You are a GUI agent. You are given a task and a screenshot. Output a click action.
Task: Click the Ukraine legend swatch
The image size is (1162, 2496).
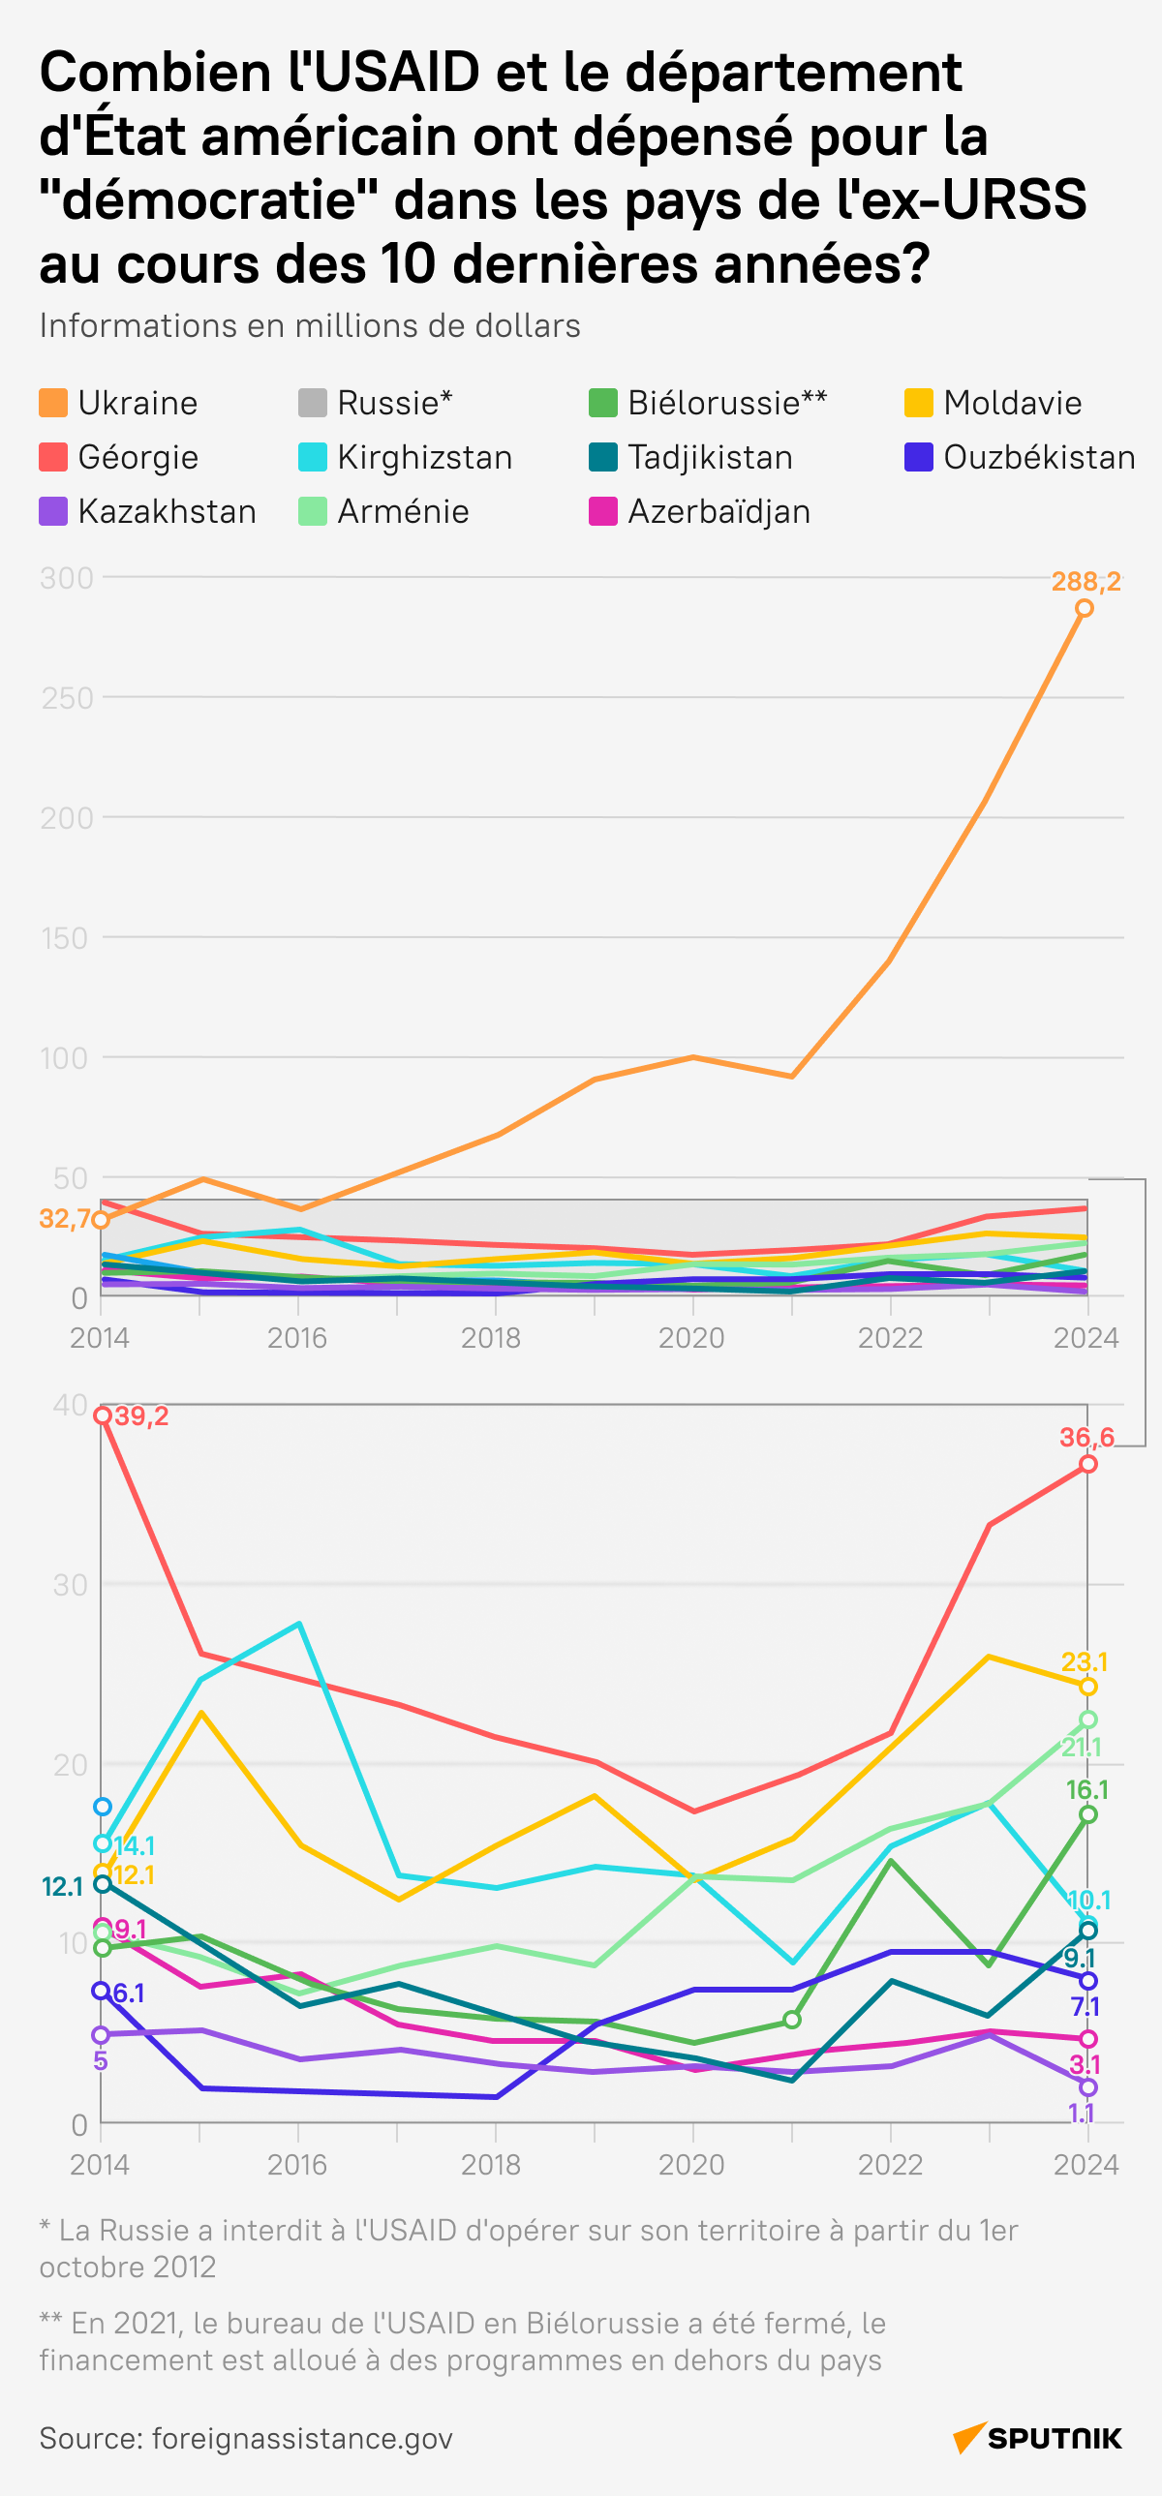pyautogui.click(x=53, y=403)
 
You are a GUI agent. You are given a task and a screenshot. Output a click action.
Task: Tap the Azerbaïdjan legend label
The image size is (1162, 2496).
pyautogui.click(x=719, y=511)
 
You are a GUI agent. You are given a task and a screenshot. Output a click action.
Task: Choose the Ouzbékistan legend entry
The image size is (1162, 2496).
pyautogui.click(x=1038, y=457)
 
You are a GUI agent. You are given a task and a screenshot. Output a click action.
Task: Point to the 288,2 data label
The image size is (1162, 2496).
pyautogui.click(x=1086, y=581)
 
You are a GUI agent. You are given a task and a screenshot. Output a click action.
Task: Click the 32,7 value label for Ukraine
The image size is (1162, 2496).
pyautogui.click(x=64, y=1218)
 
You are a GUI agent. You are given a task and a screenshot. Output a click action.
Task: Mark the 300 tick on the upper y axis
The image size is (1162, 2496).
pyautogui.click(x=66, y=578)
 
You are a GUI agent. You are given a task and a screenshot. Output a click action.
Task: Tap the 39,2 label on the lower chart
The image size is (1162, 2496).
pyautogui.click(x=141, y=1415)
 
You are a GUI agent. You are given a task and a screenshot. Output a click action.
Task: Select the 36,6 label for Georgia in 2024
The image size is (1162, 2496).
pyautogui.click(x=1086, y=1437)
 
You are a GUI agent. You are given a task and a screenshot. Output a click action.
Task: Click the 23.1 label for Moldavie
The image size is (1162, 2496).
pyautogui.click(x=1084, y=1661)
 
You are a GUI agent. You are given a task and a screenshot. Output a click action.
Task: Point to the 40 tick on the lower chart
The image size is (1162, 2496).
pyautogui.click(x=70, y=1405)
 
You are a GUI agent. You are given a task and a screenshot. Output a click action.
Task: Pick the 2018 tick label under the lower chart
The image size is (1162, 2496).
pyautogui.click(x=491, y=2165)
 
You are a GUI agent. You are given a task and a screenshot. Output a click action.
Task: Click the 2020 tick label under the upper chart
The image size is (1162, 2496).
pyautogui.click(x=691, y=1338)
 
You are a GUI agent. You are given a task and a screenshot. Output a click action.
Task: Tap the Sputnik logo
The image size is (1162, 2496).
pyautogui.click(x=1038, y=2438)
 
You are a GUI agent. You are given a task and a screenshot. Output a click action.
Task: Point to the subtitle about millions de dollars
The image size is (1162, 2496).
pyautogui.click(x=309, y=325)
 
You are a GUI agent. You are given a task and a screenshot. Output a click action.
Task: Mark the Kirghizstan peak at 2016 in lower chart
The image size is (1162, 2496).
pyautogui.click(x=298, y=1624)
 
